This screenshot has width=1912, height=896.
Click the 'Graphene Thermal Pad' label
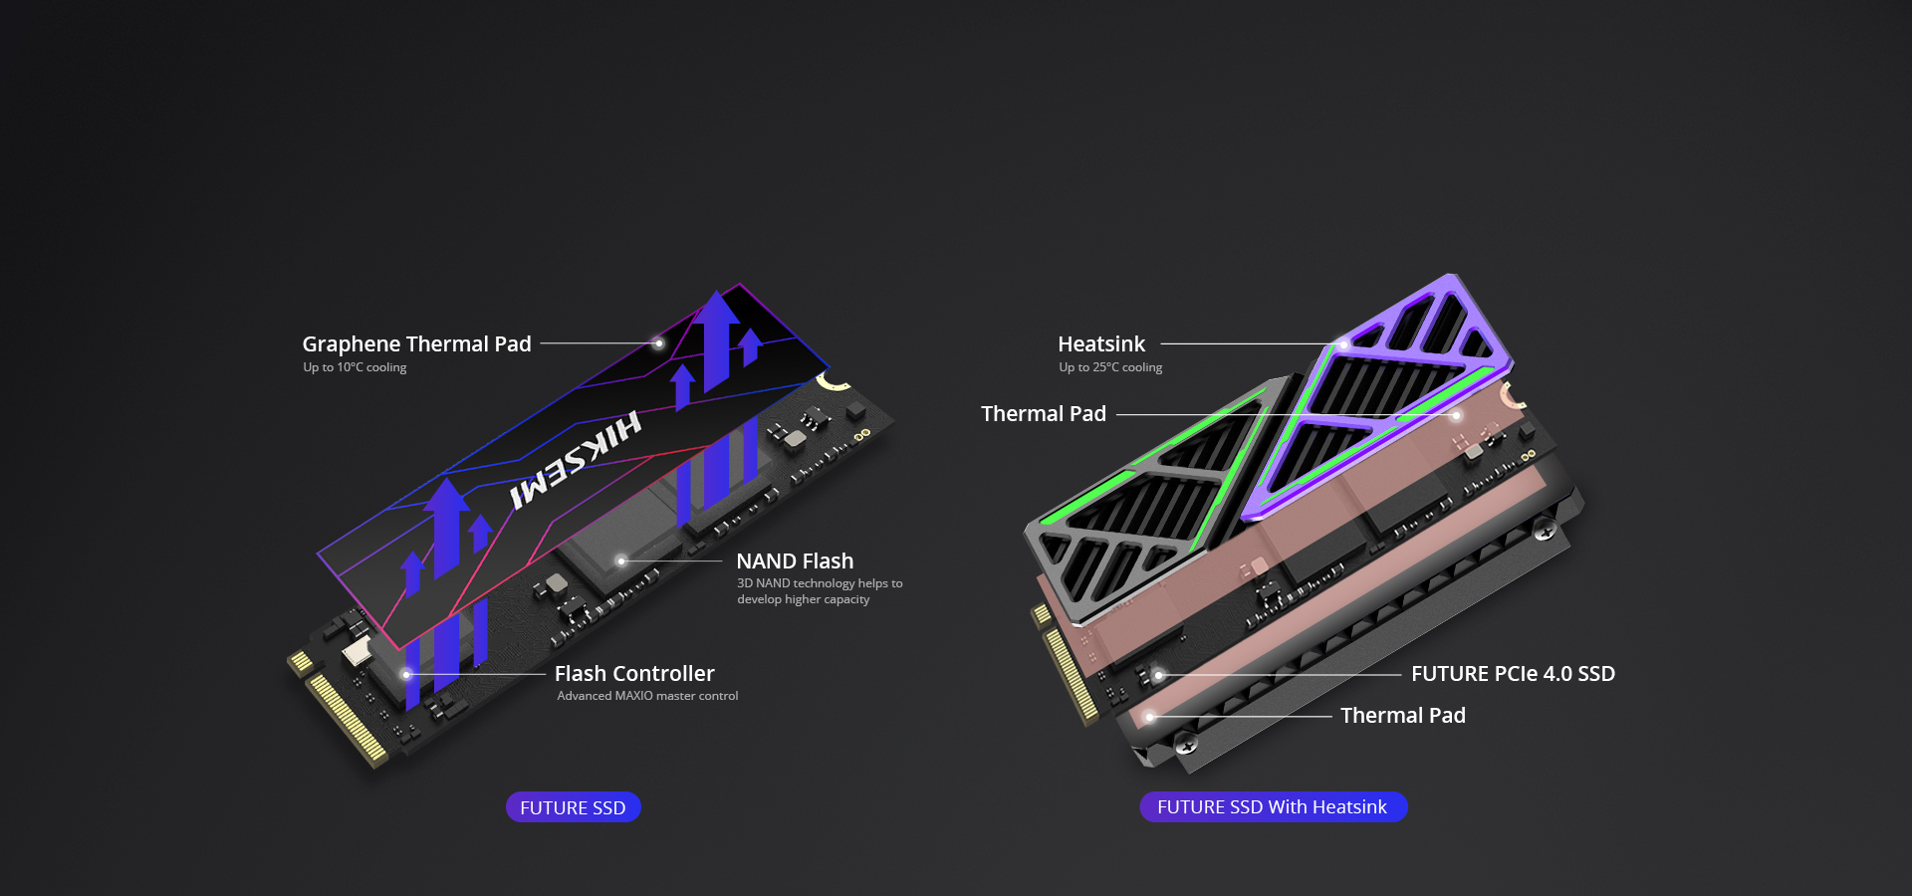(416, 344)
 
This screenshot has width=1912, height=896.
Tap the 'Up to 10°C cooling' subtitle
(355, 367)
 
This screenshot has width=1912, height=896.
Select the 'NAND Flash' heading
(795, 561)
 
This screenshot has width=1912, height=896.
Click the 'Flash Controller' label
(634, 674)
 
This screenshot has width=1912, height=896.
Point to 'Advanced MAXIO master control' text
(647, 696)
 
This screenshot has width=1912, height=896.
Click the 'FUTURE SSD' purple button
(573, 807)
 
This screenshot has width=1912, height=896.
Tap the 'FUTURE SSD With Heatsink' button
(1273, 807)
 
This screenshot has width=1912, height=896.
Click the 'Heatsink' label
(1101, 344)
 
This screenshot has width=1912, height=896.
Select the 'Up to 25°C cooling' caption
(1110, 367)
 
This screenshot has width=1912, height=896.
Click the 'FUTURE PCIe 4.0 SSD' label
(1513, 674)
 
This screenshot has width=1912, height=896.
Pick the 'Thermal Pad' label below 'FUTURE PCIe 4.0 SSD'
(1403, 716)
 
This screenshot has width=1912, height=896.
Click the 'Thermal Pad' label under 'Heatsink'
(1044, 414)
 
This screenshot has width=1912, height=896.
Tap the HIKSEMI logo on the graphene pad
(576, 460)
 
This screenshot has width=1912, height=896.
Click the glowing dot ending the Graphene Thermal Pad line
(658, 343)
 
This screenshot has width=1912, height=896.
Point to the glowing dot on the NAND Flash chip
(621, 561)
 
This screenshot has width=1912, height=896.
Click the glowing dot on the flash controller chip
(406, 674)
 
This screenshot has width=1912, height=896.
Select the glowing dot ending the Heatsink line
(1343, 344)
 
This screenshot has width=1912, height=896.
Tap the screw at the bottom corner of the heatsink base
(1186, 744)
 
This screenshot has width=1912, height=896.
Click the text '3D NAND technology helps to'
(820, 583)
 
